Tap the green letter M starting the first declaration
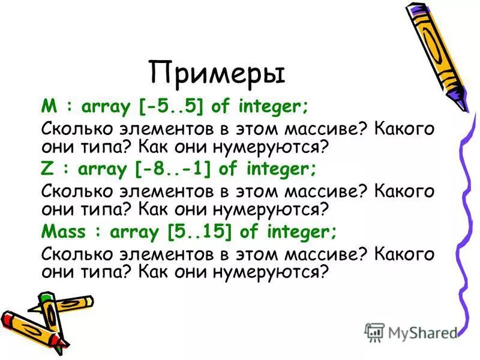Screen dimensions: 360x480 tap(48, 107)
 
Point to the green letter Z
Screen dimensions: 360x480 tap(47, 170)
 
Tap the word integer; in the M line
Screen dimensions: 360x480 tap(274, 107)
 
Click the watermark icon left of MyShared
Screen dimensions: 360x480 tap(374, 332)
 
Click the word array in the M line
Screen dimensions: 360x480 tap(108, 108)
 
